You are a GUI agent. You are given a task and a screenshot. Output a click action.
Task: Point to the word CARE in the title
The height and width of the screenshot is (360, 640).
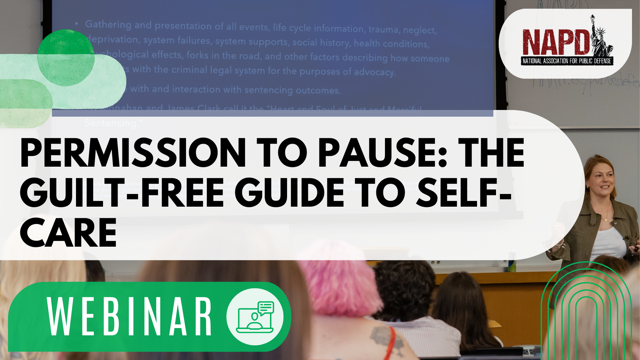[x=68, y=233]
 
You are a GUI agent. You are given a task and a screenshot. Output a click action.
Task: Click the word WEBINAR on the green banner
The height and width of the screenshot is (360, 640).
[x=130, y=317]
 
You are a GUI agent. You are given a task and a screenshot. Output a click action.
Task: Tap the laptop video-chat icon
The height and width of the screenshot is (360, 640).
[x=255, y=317]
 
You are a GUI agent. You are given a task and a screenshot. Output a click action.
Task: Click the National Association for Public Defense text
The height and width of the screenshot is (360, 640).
[x=566, y=61]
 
